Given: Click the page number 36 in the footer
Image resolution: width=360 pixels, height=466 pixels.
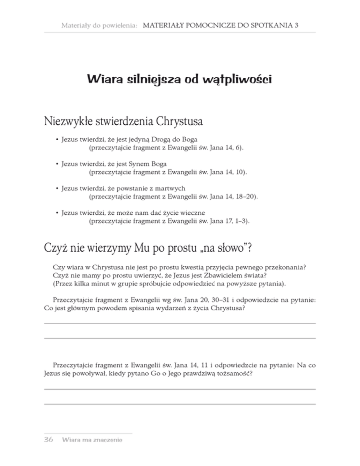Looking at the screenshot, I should coord(48,440).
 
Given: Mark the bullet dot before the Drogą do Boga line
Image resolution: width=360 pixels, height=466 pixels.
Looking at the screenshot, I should coord(57,140).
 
